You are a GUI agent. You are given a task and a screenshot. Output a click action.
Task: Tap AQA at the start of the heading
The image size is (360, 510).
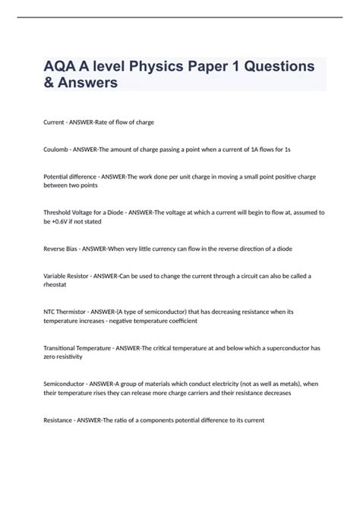tap(62, 66)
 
